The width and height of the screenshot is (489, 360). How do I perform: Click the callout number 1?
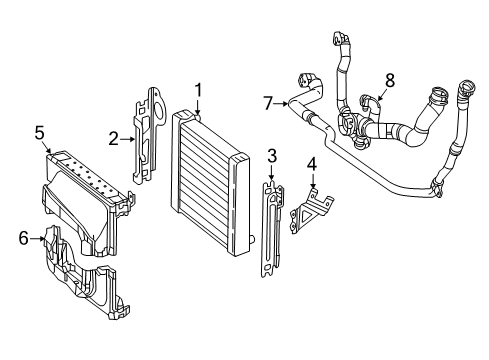(198, 91)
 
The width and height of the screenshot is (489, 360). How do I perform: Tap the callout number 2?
(113, 139)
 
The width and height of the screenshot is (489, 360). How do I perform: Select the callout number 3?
(272, 156)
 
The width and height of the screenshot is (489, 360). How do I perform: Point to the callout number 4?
(312, 164)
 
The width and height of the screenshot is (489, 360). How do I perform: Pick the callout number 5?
(39, 133)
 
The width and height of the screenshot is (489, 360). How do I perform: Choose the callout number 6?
(24, 238)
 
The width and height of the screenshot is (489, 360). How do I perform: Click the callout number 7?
(268, 103)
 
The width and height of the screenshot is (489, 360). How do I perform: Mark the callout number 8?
(390, 80)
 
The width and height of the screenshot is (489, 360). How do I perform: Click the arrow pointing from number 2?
(128, 139)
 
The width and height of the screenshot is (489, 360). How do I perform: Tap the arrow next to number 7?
(281, 104)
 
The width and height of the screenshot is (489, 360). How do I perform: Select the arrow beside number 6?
(37, 238)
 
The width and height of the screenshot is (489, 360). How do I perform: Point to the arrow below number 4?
(313, 180)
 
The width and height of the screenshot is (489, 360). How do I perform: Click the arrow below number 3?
(272, 173)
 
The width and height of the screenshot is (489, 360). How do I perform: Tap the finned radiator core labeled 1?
(209, 183)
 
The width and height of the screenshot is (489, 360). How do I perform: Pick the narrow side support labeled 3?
(271, 229)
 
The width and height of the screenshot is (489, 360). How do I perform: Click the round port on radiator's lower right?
(252, 238)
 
